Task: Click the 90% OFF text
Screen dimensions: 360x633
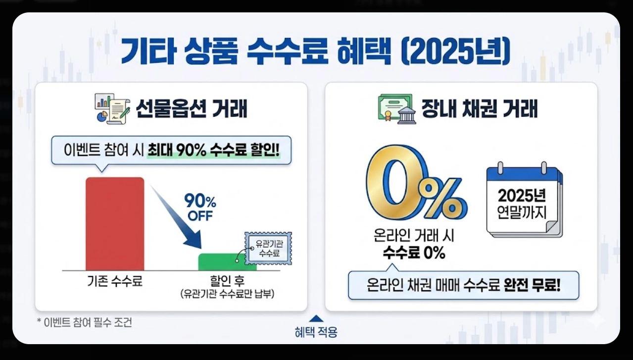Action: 200,208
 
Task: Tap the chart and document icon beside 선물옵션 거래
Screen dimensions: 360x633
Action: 111,109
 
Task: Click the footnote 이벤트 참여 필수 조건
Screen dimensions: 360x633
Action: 85,322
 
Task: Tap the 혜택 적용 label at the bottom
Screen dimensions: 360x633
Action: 316,332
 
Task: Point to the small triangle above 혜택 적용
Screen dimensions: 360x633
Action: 316,319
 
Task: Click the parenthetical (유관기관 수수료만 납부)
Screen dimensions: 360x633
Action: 227,294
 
